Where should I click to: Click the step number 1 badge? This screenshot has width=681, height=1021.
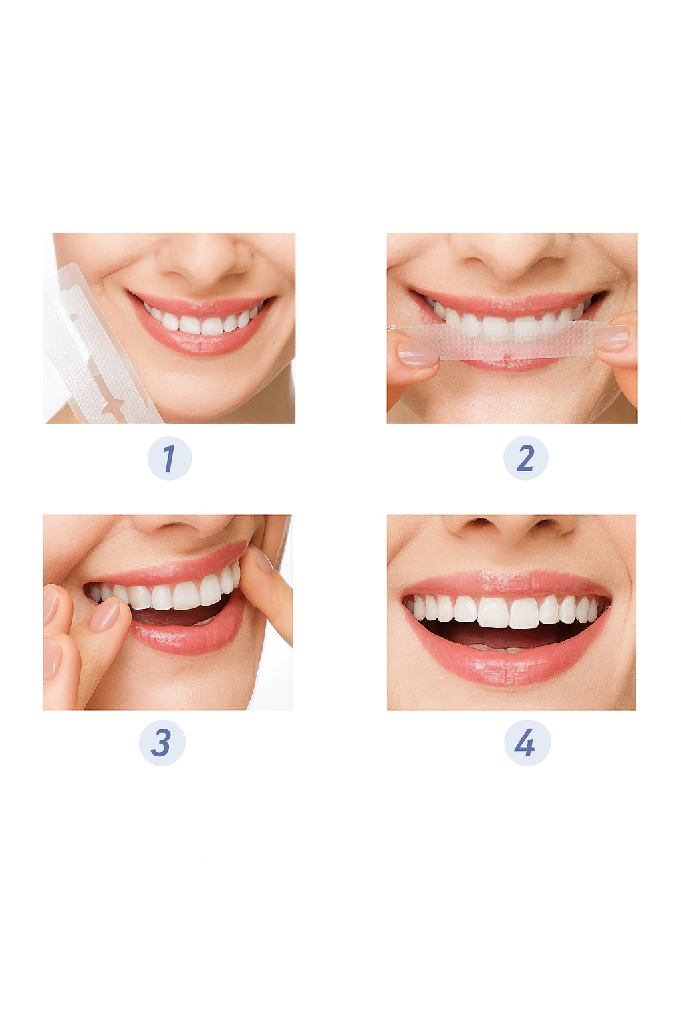point(169,459)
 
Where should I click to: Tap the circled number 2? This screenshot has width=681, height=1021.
point(525,459)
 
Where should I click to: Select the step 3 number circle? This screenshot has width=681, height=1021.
point(162,742)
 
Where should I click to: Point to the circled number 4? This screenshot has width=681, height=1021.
point(526,742)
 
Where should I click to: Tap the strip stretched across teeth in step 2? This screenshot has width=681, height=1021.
point(505,340)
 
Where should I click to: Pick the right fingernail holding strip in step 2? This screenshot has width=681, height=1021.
point(611,338)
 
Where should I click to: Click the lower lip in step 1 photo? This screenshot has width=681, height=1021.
point(200,342)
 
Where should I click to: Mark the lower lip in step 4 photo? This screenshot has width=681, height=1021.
point(509,668)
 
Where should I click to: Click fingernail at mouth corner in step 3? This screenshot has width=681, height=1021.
point(261,560)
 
